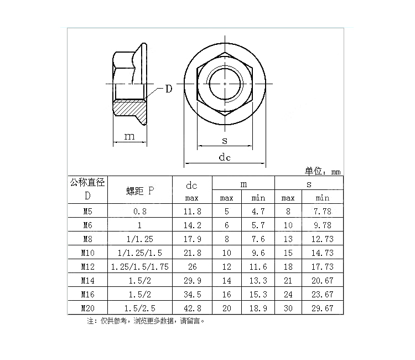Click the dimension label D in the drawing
pyautogui.click(x=168, y=89)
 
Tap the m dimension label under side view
pyautogui.click(x=129, y=136)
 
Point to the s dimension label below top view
pyautogui.click(x=225, y=141)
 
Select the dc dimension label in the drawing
pyautogui.click(x=224, y=157)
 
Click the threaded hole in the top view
pyautogui.click(x=226, y=83)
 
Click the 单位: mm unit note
pyautogui.click(x=323, y=171)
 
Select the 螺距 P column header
pyautogui.click(x=139, y=191)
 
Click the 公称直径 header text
pyautogui.click(x=87, y=183)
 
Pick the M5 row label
pyautogui.click(x=87, y=211)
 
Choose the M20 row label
pyautogui.click(x=87, y=308)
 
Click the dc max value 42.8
pyautogui.click(x=191, y=308)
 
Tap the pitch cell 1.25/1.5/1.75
pyautogui.click(x=139, y=266)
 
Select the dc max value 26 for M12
pyautogui.click(x=191, y=266)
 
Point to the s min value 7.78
pyautogui.click(x=323, y=211)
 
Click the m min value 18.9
pyautogui.click(x=258, y=308)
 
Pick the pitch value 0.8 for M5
pyautogui.click(x=139, y=211)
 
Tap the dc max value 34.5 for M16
pyautogui.click(x=191, y=294)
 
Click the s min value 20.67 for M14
pyautogui.click(x=323, y=280)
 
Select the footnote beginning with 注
pyautogui.click(x=149, y=321)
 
